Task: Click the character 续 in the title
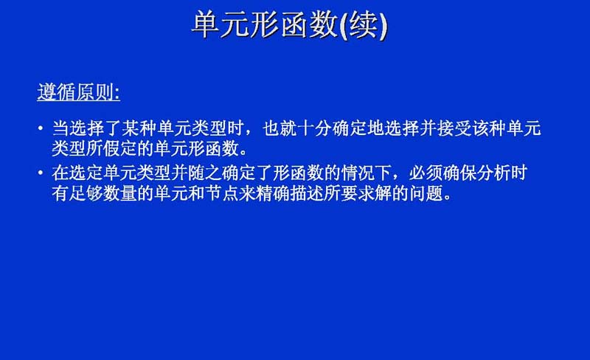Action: tap(364, 24)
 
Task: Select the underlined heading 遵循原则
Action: tap(78, 92)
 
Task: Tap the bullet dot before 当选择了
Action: tap(41, 128)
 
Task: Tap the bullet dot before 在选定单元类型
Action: tap(41, 173)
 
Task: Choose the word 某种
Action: tap(139, 128)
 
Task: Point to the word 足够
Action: tap(86, 194)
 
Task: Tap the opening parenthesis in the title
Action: tap(344, 26)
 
